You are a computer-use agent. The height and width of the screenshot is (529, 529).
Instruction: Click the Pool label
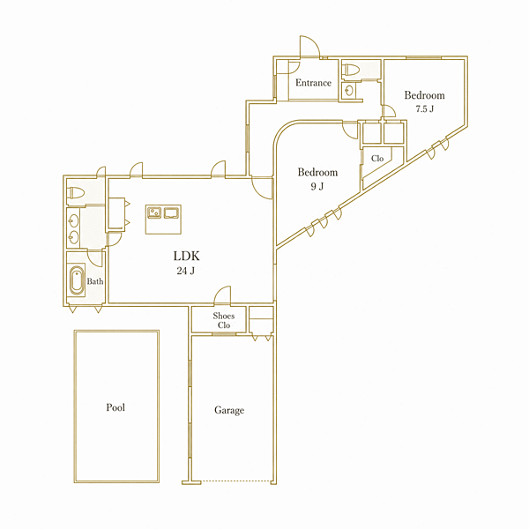(x=115, y=407)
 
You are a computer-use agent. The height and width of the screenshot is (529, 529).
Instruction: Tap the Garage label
(x=229, y=410)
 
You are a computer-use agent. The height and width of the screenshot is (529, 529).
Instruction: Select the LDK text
(x=186, y=256)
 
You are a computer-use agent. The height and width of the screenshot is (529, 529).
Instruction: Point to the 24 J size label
(x=185, y=271)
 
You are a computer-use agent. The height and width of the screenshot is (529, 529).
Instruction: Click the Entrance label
(x=313, y=83)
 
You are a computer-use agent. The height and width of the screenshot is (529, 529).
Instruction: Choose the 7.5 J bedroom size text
(x=424, y=109)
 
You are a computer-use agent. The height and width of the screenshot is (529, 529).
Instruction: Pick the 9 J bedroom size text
(x=317, y=186)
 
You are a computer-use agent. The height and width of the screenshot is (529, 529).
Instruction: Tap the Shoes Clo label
(x=224, y=321)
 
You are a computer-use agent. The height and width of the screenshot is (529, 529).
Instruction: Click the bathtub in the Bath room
(x=77, y=280)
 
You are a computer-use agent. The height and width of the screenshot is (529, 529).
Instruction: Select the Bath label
(x=95, y=281)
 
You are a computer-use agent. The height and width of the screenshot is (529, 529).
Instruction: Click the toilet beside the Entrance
(x=351, y=70)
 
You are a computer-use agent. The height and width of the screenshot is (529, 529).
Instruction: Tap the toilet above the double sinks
(x=75, y=193)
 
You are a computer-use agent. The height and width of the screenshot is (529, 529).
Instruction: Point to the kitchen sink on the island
(x=154, y=212)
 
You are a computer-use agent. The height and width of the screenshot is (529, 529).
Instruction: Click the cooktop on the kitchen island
(x=171, y=213)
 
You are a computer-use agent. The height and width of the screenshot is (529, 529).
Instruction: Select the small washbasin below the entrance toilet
(x=349, y=90)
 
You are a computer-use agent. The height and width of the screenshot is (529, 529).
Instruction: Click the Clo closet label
(x=377, y=158)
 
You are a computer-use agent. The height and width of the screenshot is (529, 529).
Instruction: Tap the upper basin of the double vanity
(x=73, y=221)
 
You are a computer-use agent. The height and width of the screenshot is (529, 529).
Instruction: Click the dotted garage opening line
(x=235, y=481)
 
